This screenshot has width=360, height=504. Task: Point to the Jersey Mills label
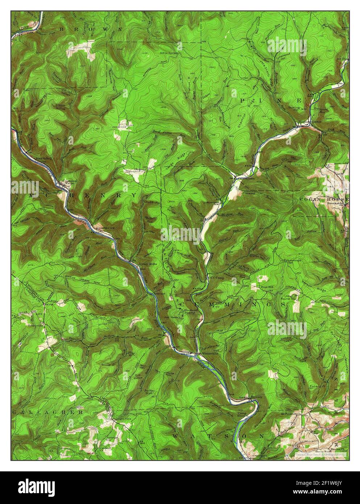click(x=148, y=264)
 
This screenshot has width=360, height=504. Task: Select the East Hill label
click(x=267, y=288)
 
